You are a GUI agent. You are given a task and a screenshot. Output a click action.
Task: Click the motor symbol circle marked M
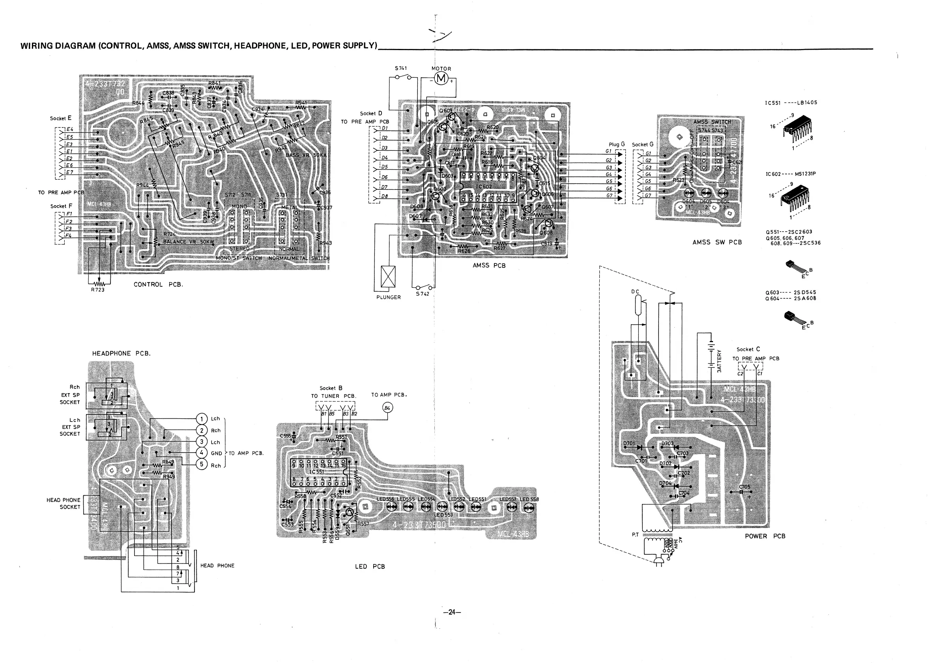point(441,79)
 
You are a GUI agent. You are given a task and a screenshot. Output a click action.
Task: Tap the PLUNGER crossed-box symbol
point(388,277)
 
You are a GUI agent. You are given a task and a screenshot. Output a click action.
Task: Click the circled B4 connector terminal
point(387,407)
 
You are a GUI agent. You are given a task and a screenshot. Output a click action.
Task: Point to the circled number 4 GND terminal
point(201,453)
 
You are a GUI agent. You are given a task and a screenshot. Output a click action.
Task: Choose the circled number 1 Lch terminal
point(201,418)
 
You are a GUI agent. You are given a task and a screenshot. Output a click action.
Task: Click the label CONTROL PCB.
point(158,284)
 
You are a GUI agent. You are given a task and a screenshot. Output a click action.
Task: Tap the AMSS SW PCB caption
point(717,242)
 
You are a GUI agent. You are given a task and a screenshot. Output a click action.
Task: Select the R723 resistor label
point(98,290)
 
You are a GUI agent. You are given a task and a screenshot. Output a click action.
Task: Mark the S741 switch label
point(401,68)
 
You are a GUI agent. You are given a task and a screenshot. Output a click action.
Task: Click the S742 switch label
point(423,294)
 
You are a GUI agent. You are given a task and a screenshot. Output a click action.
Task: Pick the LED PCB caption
point(370,566)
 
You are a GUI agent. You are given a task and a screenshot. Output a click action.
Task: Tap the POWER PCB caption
point(765,536)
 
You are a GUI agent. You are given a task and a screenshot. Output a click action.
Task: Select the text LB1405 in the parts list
point(807,103)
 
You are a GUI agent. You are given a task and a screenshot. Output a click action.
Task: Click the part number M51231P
point(805,174)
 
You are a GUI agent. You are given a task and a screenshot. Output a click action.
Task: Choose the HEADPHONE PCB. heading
point(121,353)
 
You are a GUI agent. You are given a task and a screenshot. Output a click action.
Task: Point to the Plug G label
point(616,144)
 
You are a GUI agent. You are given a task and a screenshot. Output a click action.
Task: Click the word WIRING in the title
point(36,46)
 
